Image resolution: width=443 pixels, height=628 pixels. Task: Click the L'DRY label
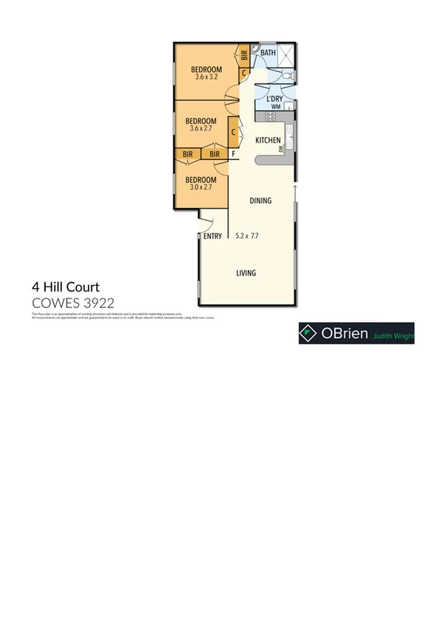pos(274,98)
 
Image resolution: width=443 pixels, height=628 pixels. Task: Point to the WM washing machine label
pos(275,107)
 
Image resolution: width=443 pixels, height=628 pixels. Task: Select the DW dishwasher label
pos(282,149)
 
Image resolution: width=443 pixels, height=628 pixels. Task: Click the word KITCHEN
pos(267,140)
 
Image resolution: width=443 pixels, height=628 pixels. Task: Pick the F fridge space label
pos(233,154)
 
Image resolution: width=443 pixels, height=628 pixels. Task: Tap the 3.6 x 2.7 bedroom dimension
pos(200,129)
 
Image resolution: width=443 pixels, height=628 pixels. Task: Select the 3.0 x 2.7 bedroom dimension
pos(200,188)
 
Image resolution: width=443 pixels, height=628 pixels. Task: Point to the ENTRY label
pos(212,236)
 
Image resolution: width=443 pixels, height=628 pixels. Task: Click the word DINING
pos(260,201)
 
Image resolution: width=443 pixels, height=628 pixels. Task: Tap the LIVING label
pos(246,273)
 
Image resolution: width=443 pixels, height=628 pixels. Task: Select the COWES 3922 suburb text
pos(72,302)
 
